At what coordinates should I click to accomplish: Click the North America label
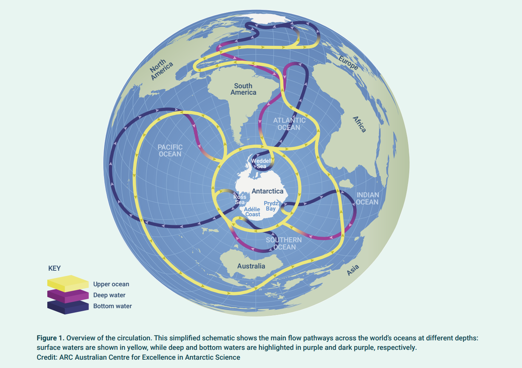[161, 70]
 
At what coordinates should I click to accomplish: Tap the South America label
[243, 89]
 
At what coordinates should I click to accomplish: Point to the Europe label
[348, 63]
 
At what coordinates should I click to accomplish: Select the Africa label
[359, 124]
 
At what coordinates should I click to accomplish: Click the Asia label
[353, 270]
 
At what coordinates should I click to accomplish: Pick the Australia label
[251, 266]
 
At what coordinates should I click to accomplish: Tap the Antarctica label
[267, 191]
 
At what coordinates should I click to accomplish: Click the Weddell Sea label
[261, 164]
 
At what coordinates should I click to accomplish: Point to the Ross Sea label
[240, 200]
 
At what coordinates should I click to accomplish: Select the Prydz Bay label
[271, 206]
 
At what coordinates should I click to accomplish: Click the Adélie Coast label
[252, 212]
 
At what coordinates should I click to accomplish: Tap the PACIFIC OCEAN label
[170, 150]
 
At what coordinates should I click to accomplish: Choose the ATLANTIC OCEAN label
[289, 124]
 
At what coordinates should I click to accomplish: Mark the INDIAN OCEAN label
[367, 198]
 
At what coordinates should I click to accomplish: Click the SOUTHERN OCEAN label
[284, 243]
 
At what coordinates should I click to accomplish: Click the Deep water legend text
[109, 295]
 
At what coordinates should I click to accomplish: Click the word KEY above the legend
[54, 268]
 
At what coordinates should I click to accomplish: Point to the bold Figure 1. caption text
[50, 338]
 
